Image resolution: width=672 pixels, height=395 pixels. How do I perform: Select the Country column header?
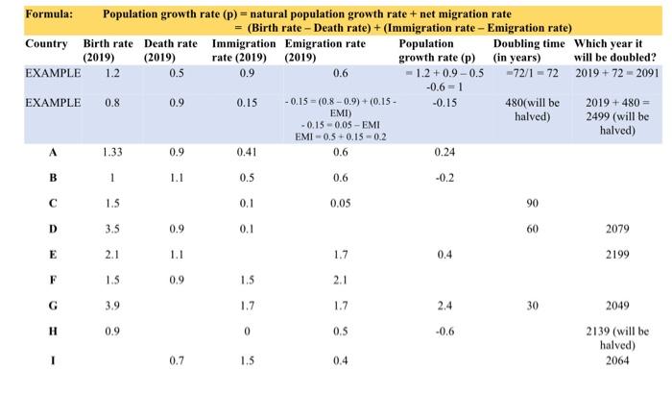click(46, 44)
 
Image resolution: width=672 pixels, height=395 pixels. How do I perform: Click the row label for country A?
click(53, 152)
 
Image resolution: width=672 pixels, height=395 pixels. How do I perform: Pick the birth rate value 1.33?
click(112, 152)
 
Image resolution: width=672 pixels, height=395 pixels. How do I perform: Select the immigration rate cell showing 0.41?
click(247, 152)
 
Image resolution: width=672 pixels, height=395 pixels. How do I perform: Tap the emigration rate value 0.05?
click(339, 204)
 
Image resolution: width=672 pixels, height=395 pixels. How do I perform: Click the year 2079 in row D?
click(617, 230)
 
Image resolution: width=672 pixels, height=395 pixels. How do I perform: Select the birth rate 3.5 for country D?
click(112, 230)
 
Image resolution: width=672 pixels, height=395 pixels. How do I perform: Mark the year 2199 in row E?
click(617, 256)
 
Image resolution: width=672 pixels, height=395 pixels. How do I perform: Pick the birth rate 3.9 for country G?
click(112, 308)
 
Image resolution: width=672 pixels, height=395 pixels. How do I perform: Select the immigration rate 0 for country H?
click(247, 333)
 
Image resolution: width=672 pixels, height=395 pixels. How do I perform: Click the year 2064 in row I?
click(617, 362)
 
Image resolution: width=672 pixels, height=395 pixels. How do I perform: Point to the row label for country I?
click(53, 362)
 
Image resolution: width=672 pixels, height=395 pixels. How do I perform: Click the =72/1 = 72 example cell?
click(531, 72)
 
